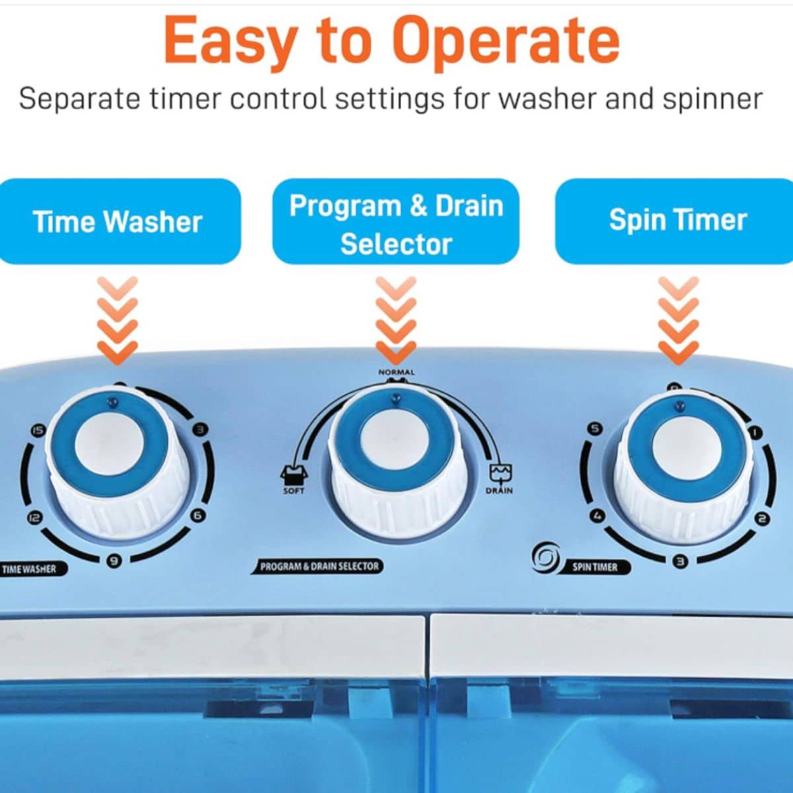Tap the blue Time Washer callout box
click(x=120, y=221)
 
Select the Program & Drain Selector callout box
click(x=396, y=221)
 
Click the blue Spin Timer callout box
click(x=674, y=221)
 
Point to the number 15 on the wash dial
click(x=38, y=431)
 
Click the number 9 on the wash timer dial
click(x=115, y=560)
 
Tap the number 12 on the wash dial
click(x=34, y=517)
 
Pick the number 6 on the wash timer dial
click(x=198, y=515)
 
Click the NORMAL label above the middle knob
click(x=397, y=372)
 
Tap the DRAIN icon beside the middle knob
click(x=500, y=473)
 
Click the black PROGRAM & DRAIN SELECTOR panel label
click(x=317, y=566)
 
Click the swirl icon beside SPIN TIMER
click(x=546, y=558)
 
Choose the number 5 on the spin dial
click(x=595, y=429)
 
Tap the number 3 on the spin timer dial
click(x=681, y=561)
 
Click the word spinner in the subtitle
click(x=713, y=99)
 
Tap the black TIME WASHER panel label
click(x=30, y=569)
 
